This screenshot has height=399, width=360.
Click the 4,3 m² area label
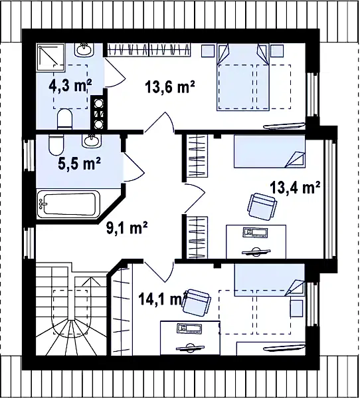70,86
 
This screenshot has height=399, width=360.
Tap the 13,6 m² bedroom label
170,86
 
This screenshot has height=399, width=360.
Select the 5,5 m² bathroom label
80,164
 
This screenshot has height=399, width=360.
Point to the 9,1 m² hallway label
127,227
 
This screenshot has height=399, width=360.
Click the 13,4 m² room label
295,188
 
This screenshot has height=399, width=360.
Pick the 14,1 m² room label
161,299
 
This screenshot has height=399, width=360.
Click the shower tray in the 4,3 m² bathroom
50,57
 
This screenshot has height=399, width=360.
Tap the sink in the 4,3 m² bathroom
84,49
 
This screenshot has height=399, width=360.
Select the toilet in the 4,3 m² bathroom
65,119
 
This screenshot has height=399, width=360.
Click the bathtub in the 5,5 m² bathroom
68,204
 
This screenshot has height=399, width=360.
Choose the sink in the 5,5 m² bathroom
92,140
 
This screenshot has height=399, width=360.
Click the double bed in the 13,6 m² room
243,77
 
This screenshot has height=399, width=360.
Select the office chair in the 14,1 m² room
197,302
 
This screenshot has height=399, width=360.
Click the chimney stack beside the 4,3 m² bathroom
99,112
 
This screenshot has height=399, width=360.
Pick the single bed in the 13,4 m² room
270,152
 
